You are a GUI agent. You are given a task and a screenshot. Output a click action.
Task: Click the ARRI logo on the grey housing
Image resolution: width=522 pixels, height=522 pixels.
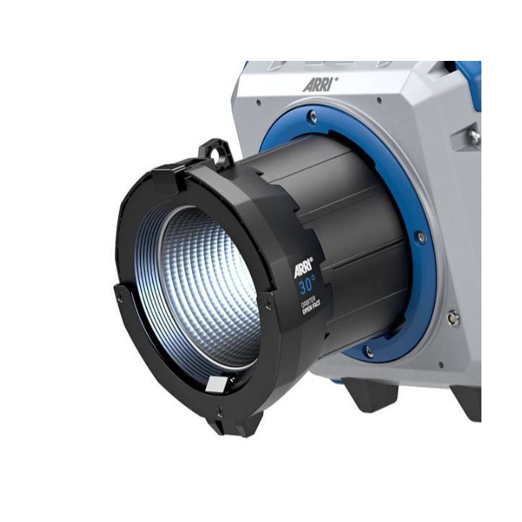(x=320, y=84)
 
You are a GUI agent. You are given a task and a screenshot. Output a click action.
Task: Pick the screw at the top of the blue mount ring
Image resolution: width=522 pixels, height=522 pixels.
(x=312, y=117)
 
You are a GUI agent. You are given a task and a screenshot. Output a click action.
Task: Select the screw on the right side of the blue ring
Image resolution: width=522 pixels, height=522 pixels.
(x=420, y=237)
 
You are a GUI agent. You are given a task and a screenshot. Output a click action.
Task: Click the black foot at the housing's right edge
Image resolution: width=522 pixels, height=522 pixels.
(x=464, y=403)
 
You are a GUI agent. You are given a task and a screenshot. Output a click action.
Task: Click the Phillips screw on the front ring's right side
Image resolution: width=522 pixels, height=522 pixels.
(x=269, y=304)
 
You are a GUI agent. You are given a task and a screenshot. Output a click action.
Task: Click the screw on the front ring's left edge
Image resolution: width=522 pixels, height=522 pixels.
(x=118, y=296)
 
